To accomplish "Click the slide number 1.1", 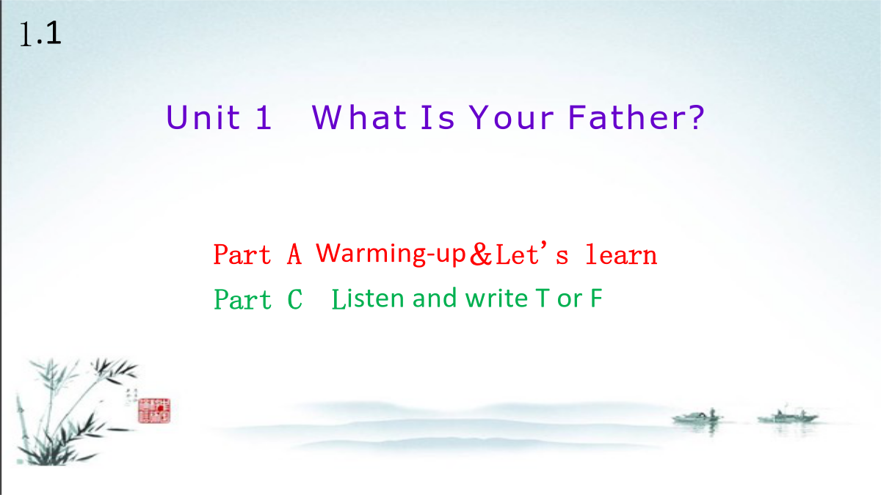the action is [40, 34].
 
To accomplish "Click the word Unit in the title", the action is [203, 117].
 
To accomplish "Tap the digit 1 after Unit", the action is [264, 117].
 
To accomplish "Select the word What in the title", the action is [359, 117].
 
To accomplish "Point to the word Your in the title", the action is [511, 117].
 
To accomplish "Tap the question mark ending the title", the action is [696, 117].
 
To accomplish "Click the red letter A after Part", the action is [294, 254].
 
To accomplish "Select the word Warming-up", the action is [391, 254].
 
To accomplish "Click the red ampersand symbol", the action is [481, 254].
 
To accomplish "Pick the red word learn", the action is [621, 254].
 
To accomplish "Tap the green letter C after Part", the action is [295, 299].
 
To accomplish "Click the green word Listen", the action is [368, 298].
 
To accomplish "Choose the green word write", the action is [496, 298].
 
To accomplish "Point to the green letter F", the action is [596, 298].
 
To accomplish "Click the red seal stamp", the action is [154, 411].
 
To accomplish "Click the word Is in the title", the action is [438, 117].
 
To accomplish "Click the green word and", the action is [435, 298].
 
